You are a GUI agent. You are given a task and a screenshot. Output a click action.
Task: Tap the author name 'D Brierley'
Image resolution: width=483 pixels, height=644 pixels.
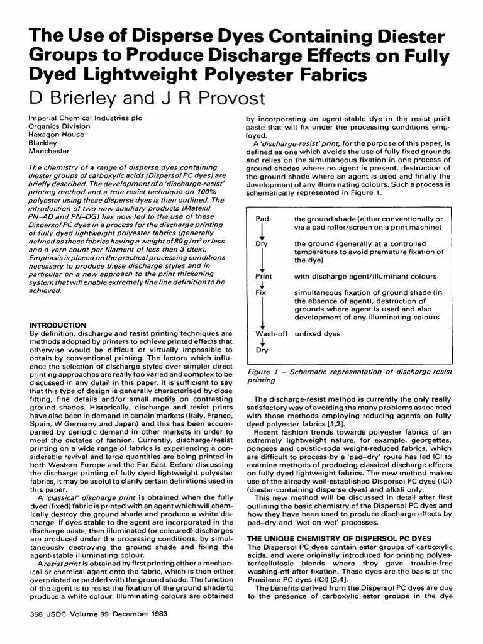(x=67, y=99)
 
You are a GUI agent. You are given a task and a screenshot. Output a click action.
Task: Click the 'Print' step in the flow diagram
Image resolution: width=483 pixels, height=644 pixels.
(x=264, y=276)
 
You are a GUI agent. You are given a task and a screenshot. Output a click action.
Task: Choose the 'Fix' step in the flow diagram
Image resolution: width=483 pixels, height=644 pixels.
(x=262, y=293)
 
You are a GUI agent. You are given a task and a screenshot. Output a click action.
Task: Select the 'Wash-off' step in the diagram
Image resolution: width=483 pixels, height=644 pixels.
(x=271, y=333)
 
